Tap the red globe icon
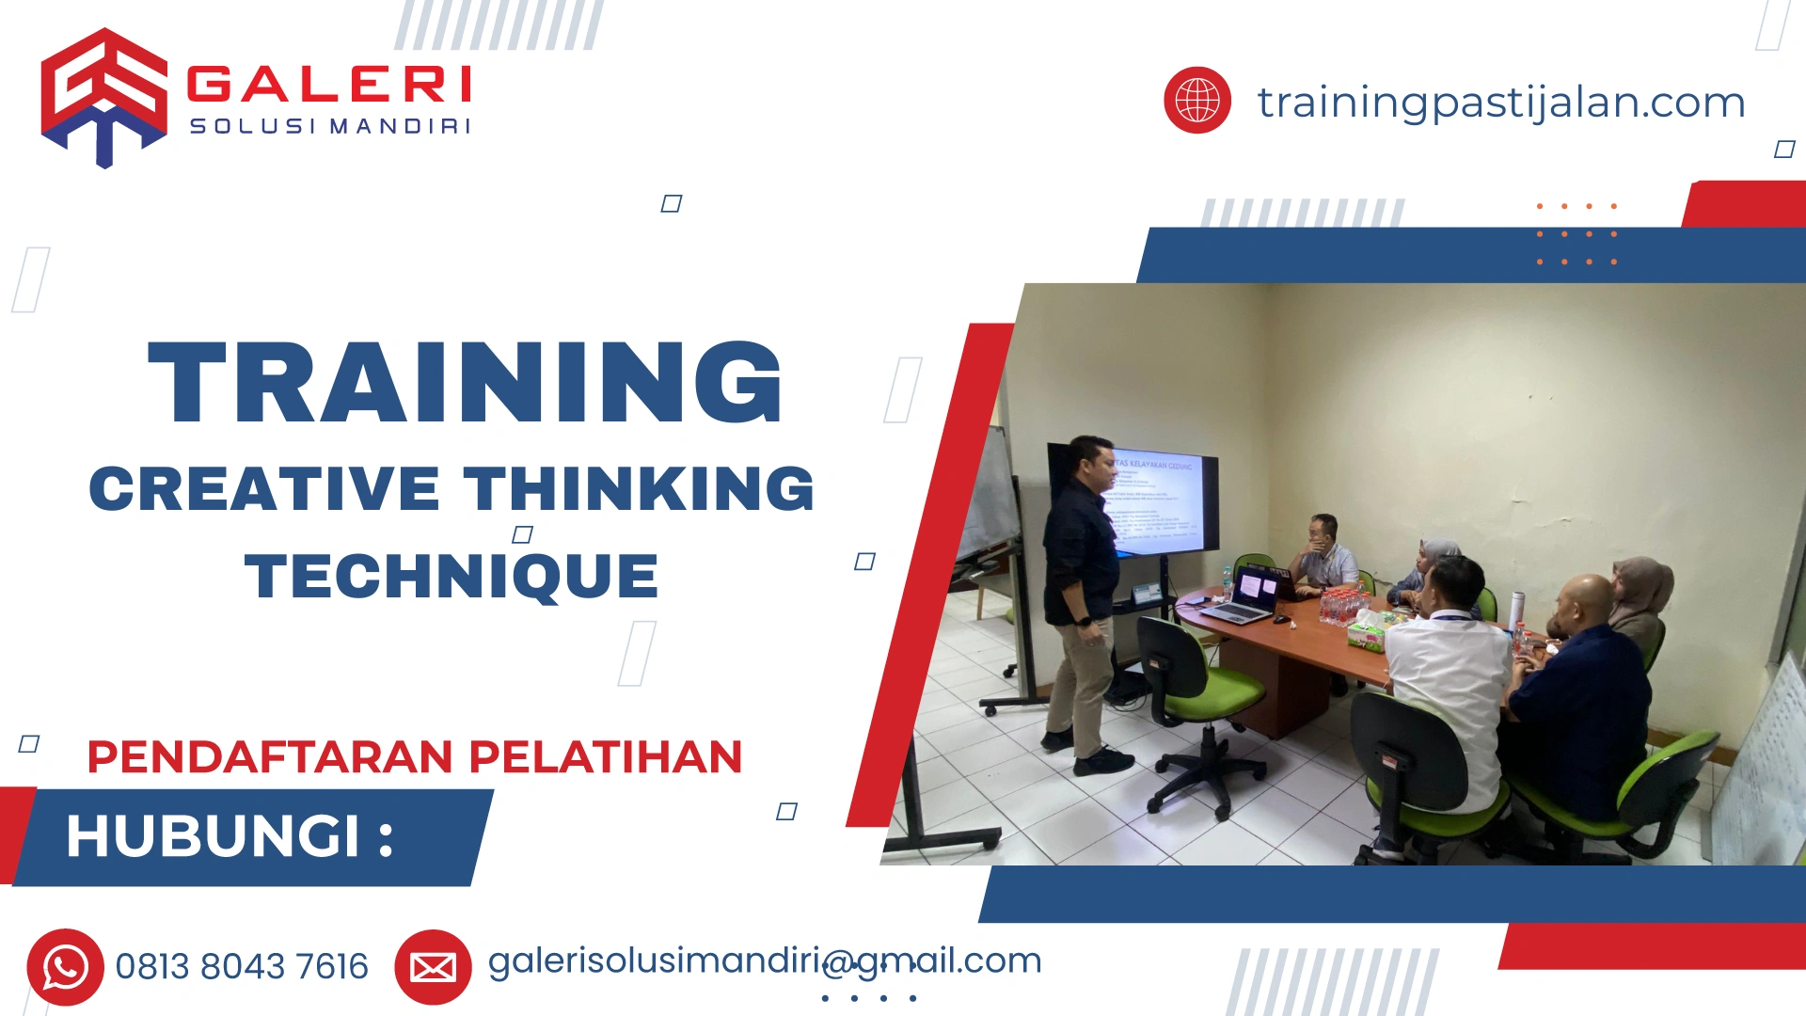point(1196,100)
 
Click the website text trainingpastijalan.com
point(1500,102)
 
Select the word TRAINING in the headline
point(466,383)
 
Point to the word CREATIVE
point(264,489)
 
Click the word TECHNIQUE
point(451,576)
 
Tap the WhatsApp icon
point(65,967)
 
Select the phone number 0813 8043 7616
point(242,967)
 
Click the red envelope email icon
point(433,967)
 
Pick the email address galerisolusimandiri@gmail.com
point(764,960)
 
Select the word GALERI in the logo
point(329,85)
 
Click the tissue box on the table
point(1367,632)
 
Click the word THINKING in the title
point(639,489)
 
